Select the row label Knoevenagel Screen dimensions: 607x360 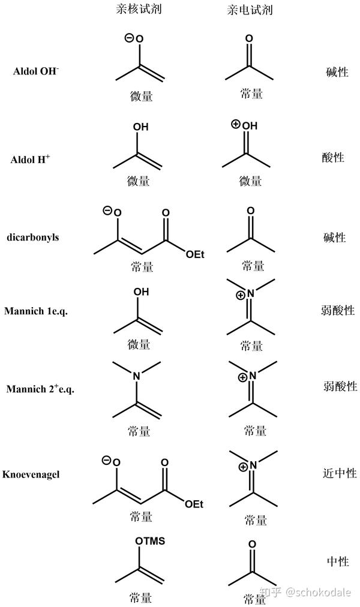(35, 474)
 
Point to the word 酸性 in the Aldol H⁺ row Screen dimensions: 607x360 (333, 158)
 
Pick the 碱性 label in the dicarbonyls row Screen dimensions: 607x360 (334, 237)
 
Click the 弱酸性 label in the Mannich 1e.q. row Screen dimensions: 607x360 (338, 311)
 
